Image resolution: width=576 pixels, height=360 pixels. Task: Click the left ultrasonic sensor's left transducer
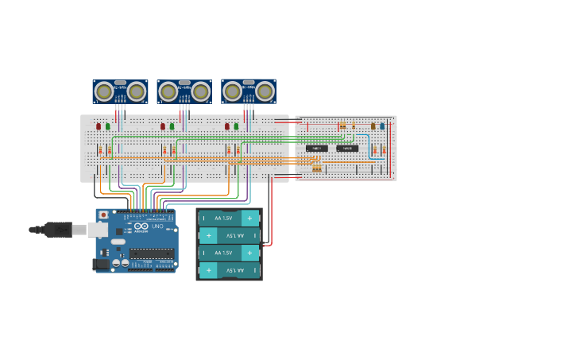click(x=103, y=92)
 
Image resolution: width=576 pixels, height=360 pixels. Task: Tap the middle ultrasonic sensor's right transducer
click(x=201, y=92)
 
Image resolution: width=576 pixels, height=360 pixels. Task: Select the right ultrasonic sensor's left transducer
click(x=233, y=92)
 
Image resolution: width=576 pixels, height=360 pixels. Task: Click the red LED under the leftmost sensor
click(x=99, y=126)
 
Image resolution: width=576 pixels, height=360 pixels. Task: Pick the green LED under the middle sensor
click(x=172, y=126)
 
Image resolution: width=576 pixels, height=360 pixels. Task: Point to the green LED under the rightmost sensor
click(x=236, y=126)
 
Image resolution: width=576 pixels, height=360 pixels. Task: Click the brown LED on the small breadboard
click(x=373, y=126)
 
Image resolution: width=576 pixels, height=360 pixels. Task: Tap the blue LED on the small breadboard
click(x=381, y=126)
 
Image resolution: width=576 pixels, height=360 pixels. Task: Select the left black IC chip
click(x=316, y=148)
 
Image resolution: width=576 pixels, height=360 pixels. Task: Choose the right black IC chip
click(x=346, y=148)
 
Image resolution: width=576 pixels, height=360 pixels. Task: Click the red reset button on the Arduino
click(x=103, y=215)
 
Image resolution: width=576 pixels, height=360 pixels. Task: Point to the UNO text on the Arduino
click(x=157, y=226)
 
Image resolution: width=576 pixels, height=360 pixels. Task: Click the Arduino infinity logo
click(x=141, y=226)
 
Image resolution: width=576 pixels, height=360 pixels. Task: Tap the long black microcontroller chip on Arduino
click(x=152, y=254)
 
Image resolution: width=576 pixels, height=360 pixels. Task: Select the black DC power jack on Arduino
click(x=101, y=264)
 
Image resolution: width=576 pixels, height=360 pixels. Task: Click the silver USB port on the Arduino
click(x=97, y=230)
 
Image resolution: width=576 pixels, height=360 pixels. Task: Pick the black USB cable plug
click(x=58, y=230)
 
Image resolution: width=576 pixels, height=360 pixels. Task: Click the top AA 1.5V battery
click(x=229, y=218)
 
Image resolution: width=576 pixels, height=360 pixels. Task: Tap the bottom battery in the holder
click(x=229, y=270)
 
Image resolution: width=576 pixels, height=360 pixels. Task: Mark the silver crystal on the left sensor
click(x=120, y=83)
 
